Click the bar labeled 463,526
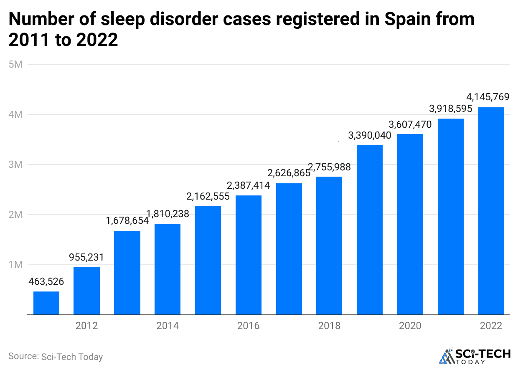[x=46, y=303]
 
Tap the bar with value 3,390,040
[x=370, y=230]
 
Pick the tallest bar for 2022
[x=491, y=211]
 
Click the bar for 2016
[x=249, y=255]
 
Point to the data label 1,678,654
[x=127, y=220]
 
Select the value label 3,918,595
[x=450, y=109]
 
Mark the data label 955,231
[x=86, y=257]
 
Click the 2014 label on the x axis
[x=168, y=326]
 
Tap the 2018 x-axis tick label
[x=329, y=326]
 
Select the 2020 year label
[x=410, y=326]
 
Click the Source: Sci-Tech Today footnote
[x=56, y=357]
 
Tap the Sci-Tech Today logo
[x=475, y=356]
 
